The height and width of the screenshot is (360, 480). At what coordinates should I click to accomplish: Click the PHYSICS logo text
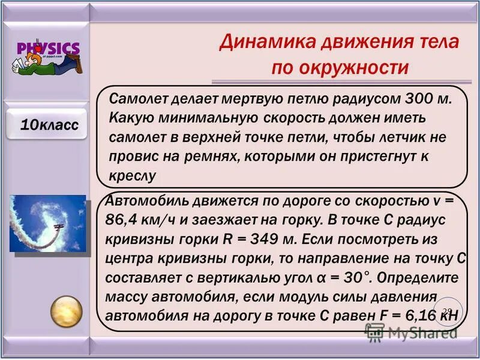pyautogui.click(x=48, y=48)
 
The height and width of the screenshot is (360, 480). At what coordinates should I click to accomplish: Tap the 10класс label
pyautogui.click(x=49, y=125)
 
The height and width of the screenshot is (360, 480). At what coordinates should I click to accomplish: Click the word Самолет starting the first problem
pyautogui.click(x=139, y=98)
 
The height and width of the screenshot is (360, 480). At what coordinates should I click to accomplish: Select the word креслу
pyautogui.click(x=133, y=175)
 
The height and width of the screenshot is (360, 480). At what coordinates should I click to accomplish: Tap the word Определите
pyautogui.click(x=424, y=278)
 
